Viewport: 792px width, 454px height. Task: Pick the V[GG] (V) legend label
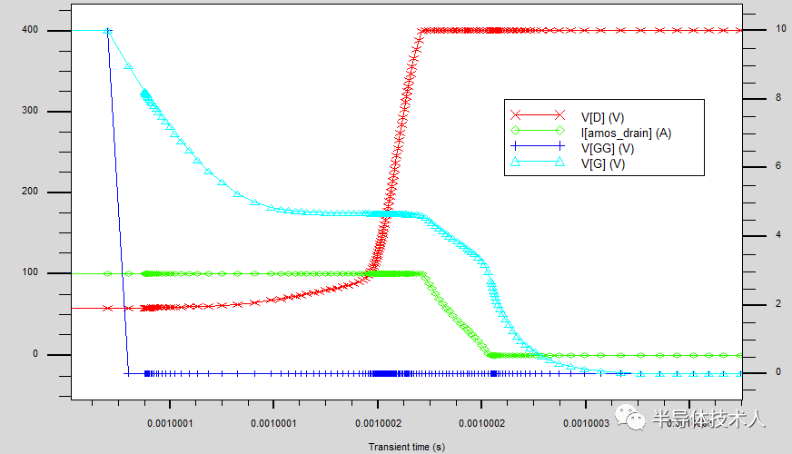(x=607, y=148)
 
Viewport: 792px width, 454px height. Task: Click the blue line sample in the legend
(x=537, y=148)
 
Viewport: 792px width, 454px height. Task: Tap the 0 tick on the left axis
(x=35, y=354)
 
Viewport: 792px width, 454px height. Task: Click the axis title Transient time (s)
(x=406, y=447)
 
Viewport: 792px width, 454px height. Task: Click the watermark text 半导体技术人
(x=709, y=419)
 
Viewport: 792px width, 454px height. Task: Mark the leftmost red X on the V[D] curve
(x=108, y=308)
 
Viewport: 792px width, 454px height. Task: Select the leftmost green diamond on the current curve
(x=108, y=273)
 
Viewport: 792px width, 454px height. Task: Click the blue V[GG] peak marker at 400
(x=108, y=31)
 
